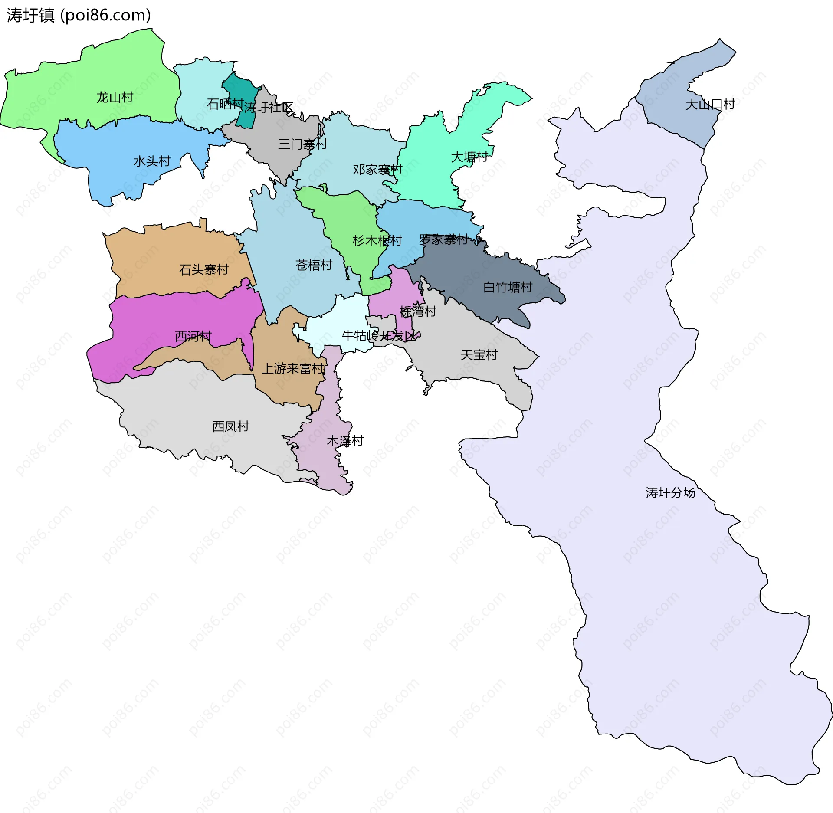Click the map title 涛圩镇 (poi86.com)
79,16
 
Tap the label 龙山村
115,97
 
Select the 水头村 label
152,161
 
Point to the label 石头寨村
203,270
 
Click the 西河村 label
193,336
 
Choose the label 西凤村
230,426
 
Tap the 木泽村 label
345,441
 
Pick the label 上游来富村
293,369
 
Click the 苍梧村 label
314,265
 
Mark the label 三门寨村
302,144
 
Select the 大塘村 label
469,157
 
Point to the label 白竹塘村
508,287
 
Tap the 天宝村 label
479,355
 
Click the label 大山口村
710,105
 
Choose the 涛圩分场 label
670,492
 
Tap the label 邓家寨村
377,170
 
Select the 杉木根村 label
377,241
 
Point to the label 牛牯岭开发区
379,335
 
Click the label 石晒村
225,104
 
